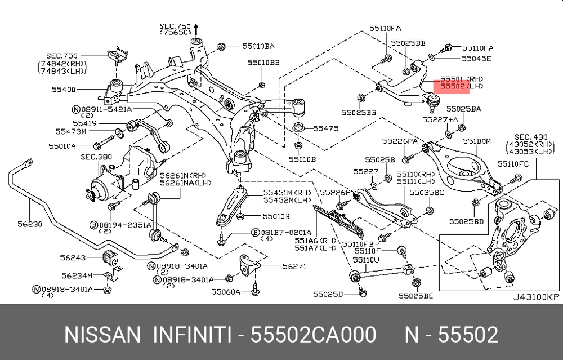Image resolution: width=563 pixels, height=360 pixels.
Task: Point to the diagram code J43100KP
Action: tap(536, 297)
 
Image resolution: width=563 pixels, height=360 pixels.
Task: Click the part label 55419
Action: tap(84, 122)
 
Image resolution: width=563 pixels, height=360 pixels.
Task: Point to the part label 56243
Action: tap(73, 257)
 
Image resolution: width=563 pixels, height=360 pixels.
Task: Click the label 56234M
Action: tap(75, 275)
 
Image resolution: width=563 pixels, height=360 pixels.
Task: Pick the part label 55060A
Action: tap(226, 292)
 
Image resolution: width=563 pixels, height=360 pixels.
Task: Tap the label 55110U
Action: tap(366, 260)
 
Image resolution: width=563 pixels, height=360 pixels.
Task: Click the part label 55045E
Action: tap(476, 58)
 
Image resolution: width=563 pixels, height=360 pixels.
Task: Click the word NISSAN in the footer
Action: tap(102, 335)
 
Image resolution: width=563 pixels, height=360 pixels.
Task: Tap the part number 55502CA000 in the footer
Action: tap(313, 335)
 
